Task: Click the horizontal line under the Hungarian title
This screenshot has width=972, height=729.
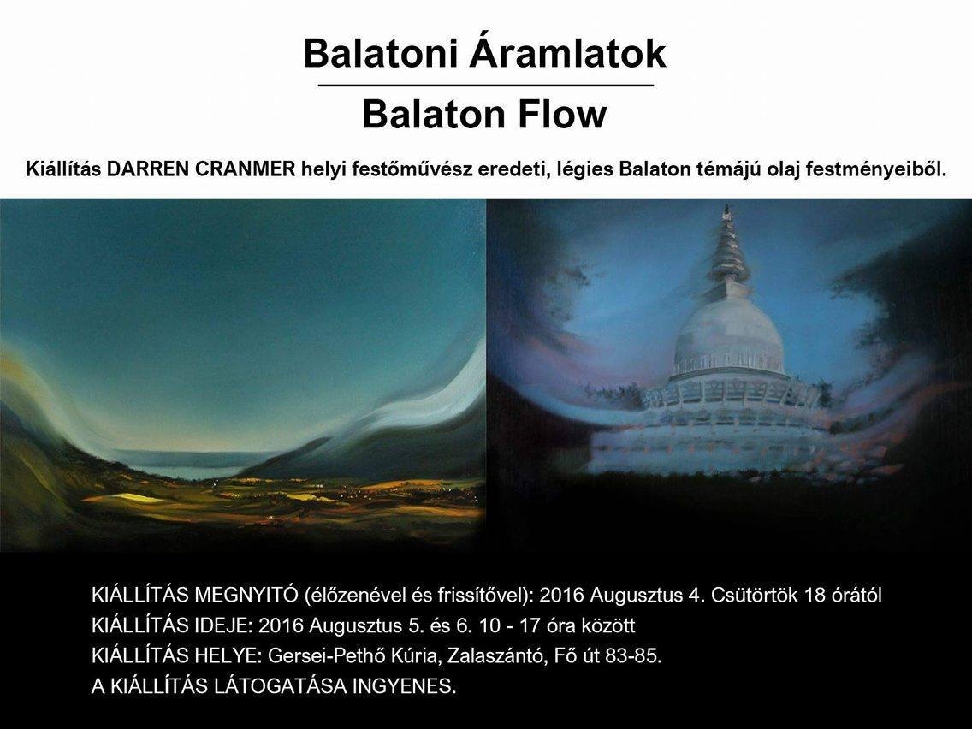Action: [x=486, y=86]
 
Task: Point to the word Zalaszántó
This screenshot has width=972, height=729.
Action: [x=493, y=656]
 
